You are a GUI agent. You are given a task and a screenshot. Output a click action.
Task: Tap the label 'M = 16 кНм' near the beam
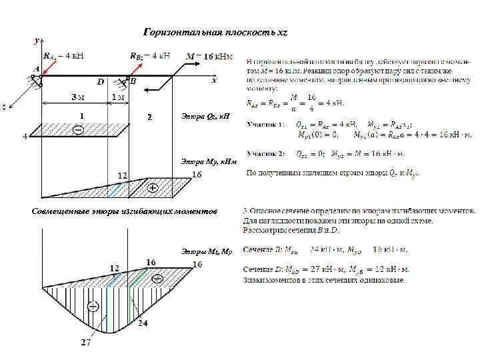pos(210,55)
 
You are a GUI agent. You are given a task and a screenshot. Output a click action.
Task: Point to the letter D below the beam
pos(101,82)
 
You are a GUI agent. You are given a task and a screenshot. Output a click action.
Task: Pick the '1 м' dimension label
pos(118,97)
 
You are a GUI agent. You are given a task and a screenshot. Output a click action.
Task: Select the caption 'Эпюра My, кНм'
pos(208,161)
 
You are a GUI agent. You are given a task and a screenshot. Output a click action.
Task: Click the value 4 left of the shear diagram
pos(25,137)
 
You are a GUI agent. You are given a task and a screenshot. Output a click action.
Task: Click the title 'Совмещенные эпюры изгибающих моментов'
pos(125,211)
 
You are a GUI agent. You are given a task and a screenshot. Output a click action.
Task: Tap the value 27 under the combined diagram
pos(87,343)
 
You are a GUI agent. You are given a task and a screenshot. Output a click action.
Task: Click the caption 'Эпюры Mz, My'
pos(206,251)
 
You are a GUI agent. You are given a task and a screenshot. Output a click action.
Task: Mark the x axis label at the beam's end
pos(214,80)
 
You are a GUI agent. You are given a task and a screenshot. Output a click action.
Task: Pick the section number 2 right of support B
pos(150,117)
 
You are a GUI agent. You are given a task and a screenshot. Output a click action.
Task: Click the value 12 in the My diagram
pos(123,175)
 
